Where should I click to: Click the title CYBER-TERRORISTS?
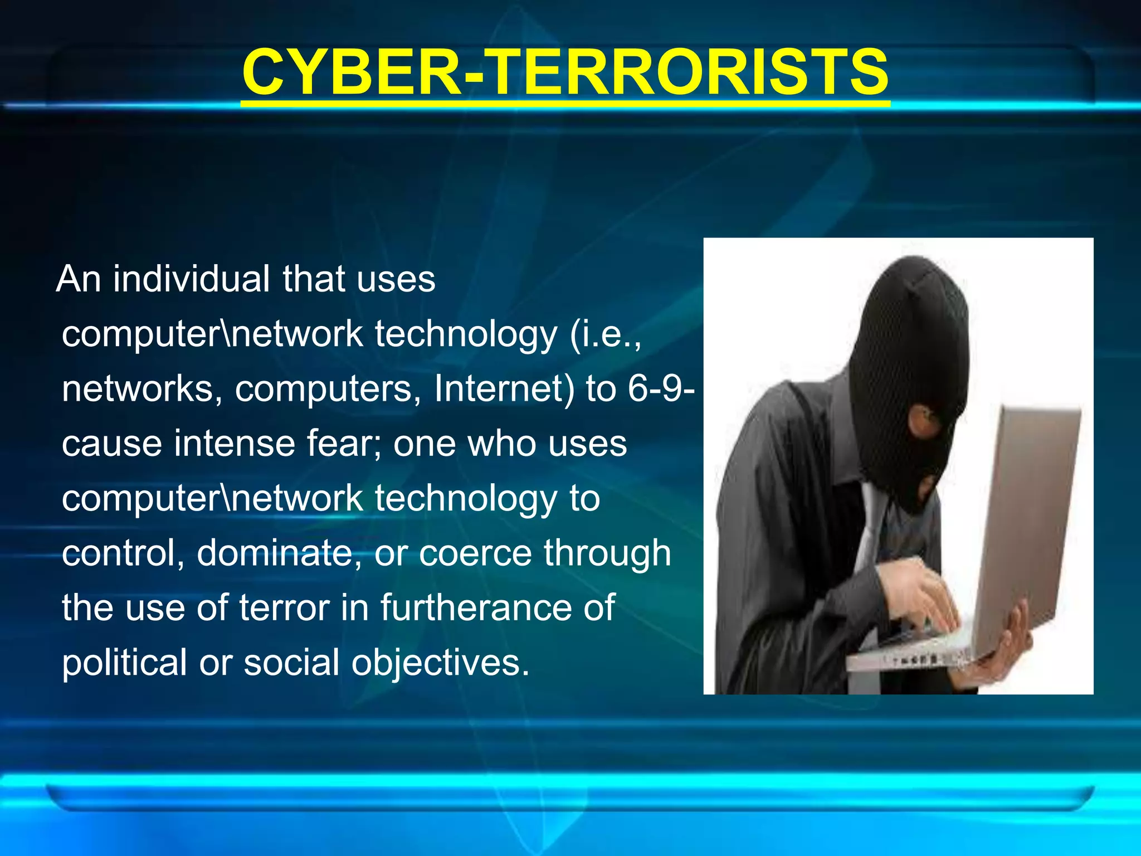(x=565, y=72)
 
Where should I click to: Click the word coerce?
(x=475, y=553)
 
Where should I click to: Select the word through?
(x=607, y=554)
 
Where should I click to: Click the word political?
(x=124, y=663)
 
